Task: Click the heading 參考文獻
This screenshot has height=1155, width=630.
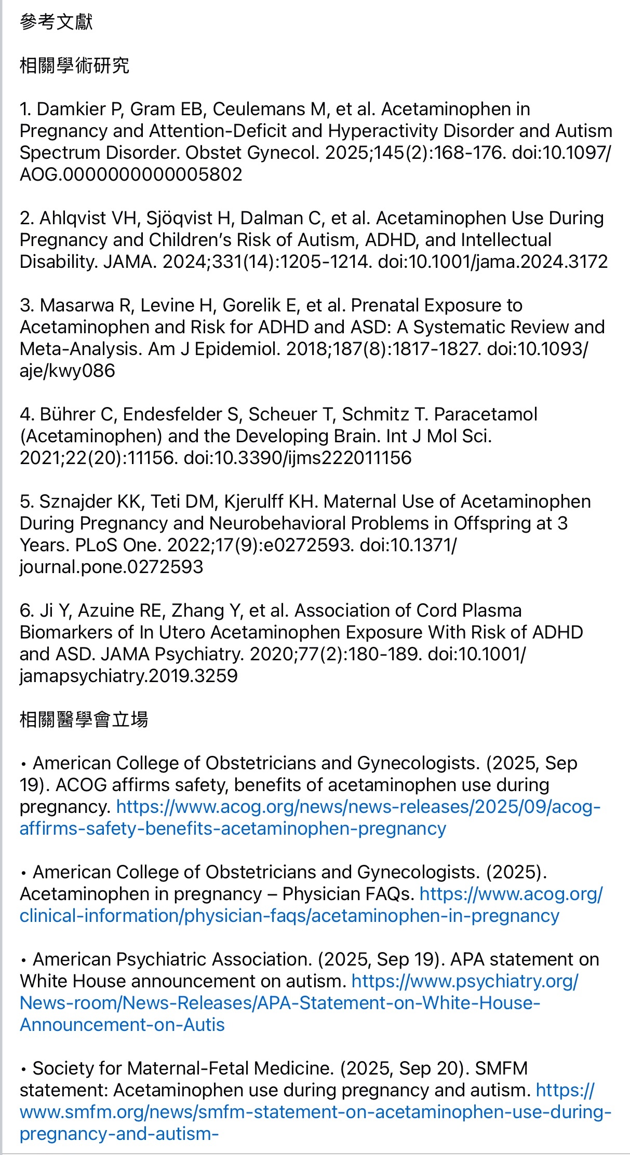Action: (56, 22)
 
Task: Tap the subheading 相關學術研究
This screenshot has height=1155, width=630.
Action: (74, 65)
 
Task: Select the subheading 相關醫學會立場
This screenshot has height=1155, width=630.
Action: (84, 719)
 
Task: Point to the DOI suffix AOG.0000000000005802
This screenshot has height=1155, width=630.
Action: (131, 174)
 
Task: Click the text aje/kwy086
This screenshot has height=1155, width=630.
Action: (67, 371)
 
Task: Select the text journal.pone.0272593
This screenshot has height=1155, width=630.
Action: (111, 567)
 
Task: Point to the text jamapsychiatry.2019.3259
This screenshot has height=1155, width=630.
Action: (128, 676)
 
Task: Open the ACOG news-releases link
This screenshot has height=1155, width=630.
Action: (358, 807)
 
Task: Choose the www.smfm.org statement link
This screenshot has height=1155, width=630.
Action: (315, 1112)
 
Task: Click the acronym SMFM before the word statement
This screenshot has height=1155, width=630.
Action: (501, 1068)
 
